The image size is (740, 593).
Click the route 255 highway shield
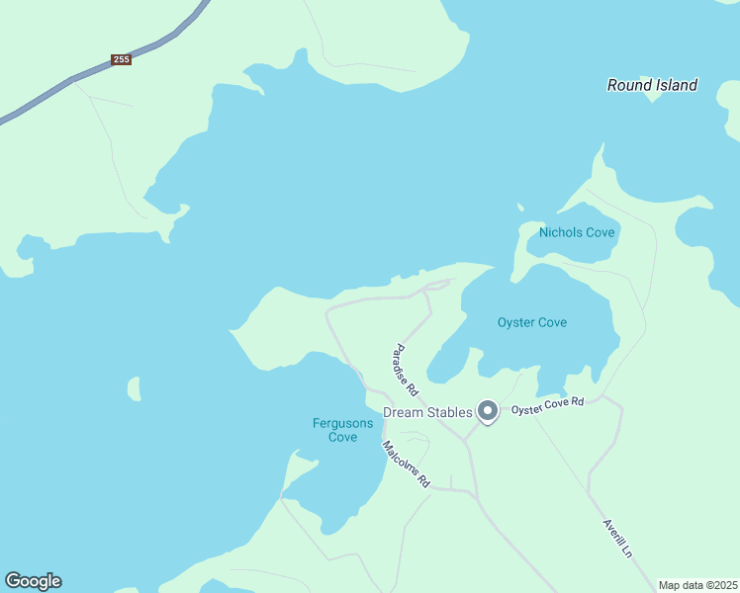122,60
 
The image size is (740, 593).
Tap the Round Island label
652,85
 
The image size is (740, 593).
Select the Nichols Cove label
577,233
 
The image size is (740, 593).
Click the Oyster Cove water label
532,322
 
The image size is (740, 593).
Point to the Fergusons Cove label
342,430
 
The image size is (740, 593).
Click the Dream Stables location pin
487,410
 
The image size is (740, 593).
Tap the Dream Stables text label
427,412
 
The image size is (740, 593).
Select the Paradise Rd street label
406,371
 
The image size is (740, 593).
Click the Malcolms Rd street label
407,464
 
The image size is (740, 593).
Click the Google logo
33,581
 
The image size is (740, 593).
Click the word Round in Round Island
628,85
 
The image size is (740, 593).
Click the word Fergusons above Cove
342,423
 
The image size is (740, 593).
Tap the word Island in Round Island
676,85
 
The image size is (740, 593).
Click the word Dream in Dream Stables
405,412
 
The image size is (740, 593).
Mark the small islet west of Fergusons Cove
134,388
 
